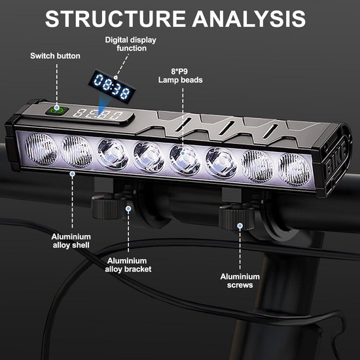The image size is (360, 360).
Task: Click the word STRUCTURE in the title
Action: (115, 19)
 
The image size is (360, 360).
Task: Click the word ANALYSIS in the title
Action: (249, 19)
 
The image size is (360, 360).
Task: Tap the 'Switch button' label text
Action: (56, 56)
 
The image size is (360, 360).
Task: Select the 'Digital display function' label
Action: (131, 44)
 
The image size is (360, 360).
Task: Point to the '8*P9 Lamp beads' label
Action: (181, 76)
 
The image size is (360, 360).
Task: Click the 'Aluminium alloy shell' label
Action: (71, 241)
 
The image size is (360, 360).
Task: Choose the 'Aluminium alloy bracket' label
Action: (128, 265)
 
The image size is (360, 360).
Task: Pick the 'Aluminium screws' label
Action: (240, 281)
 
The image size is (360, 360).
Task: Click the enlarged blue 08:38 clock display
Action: (112, 86)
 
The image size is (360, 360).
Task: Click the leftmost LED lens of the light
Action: (41, 149)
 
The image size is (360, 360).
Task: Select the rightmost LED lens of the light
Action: (294, 170)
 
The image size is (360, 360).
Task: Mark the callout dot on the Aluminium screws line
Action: (240, 226)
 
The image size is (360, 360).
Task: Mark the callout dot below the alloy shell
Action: (72, 174)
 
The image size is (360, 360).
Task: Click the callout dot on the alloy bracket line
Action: (128, 208)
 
